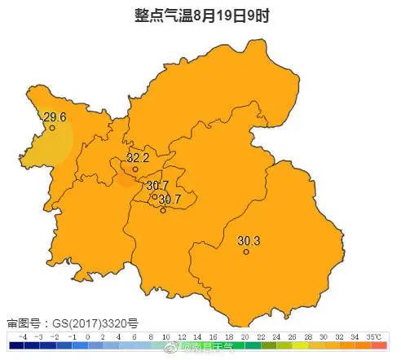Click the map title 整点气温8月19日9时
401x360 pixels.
pos(200,15)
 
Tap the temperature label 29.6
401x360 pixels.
pos(55,116)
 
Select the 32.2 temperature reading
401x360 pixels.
pos(138,157)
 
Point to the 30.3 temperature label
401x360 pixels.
pos(249,240)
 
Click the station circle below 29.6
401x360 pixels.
pos(52,128)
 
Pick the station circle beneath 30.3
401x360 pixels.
pos(245,252)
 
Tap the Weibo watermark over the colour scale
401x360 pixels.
pos(209,346)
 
